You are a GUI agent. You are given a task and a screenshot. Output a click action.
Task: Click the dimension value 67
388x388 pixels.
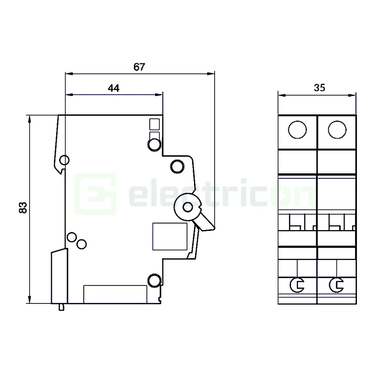click(x=139, y=67)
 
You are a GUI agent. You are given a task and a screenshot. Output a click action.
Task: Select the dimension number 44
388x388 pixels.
click(x=113, y=88)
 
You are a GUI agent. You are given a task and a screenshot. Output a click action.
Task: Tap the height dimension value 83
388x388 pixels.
click(x=23, y=208)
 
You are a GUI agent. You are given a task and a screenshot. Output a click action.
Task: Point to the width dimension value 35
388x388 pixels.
click(x=319, y=88)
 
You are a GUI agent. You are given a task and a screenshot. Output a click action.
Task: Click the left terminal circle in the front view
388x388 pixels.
click(x=298, y=129)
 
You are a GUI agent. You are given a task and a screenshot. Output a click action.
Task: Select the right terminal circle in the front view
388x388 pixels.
click(x=337, y=129)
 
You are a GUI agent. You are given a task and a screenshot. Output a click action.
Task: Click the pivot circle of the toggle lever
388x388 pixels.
click(x=188, y=207)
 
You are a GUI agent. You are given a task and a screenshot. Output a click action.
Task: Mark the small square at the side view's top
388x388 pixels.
click(x=154, y=124)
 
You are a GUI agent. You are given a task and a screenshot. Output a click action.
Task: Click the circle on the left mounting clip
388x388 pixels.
click(x=64, y=160)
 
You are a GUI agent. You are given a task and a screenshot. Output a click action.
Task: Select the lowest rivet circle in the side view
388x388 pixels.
click(x=154, y=281)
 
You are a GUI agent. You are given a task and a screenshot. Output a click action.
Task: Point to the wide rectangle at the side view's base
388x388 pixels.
click(x=115, y=294)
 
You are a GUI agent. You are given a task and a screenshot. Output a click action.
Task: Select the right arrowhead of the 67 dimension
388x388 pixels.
click(x=211, y=73)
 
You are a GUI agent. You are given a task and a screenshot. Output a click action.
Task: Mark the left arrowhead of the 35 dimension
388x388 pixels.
click(x=281, y=94)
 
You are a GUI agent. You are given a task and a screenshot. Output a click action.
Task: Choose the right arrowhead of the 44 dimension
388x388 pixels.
click(x=159, y=94)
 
